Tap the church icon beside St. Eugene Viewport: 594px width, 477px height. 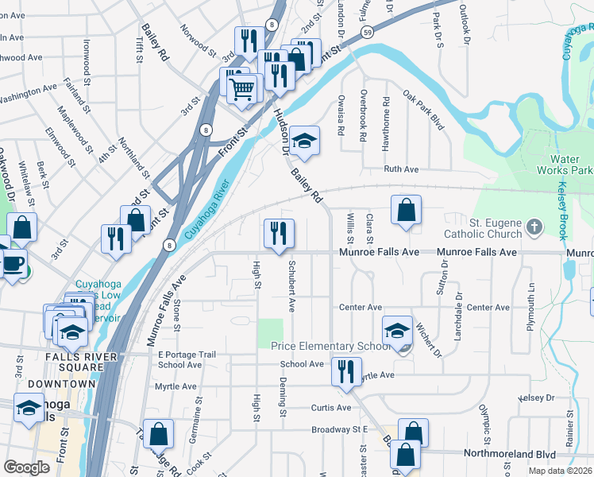pos(534,227)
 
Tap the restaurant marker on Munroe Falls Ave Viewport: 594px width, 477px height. pos(278,234)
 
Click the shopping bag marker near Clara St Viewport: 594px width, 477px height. pos(406,211)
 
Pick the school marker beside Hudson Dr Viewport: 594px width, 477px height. pos(303,141)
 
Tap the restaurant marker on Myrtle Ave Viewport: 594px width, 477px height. pos(345,371)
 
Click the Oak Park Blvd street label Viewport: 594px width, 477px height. pos(422,111)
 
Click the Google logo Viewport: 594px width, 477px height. pos(26,467)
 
